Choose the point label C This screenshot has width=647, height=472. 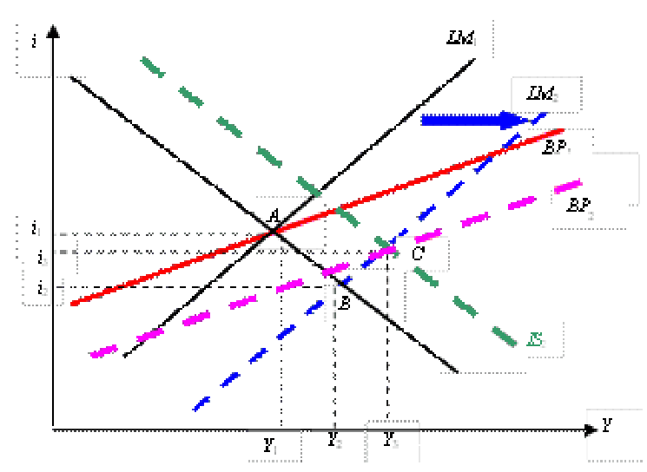pos(418,254)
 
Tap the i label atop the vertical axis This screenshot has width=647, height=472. pos(34,41)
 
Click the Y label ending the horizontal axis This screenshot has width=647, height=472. pos(607,427)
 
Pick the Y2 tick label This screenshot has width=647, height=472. pos(336,441)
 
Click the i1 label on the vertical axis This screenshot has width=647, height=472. pos(36,229)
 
